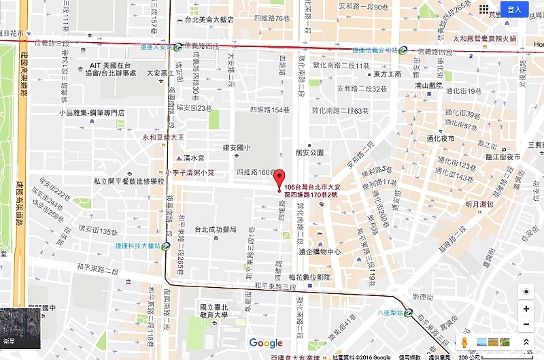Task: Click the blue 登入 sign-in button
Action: pyautogui.click(x=514, y=10)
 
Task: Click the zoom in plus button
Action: pyautogui.click(x=526, y=308)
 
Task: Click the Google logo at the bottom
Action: pyautogui.click(x=266, y=343)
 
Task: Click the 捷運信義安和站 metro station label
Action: pyautogui.click(x=375, y=50)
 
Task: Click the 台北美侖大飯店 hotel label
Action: pyautogui.click(x=205, y=20)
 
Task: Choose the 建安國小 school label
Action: pyautogui.click(x=236, y=148)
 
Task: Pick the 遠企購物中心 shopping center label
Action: pyautogui.click(x=320, y=251)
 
